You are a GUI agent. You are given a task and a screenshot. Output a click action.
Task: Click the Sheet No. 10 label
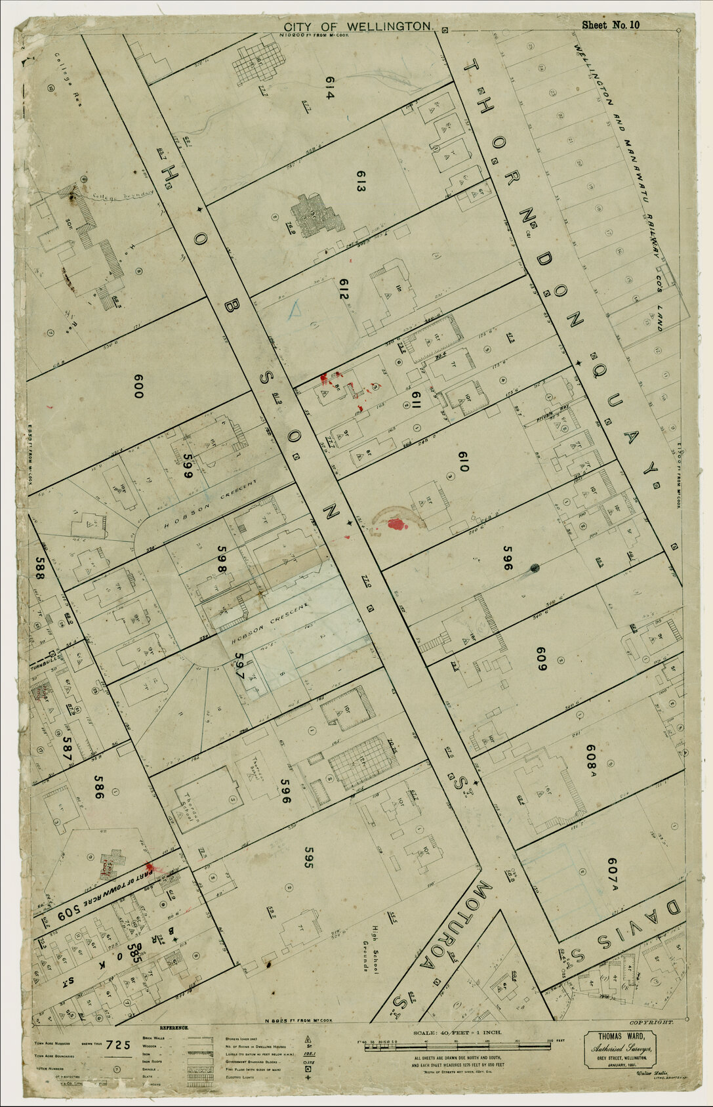610,26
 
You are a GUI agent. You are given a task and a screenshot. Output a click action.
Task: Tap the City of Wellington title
358,26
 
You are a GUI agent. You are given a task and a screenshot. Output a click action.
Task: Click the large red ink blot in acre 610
396,523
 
